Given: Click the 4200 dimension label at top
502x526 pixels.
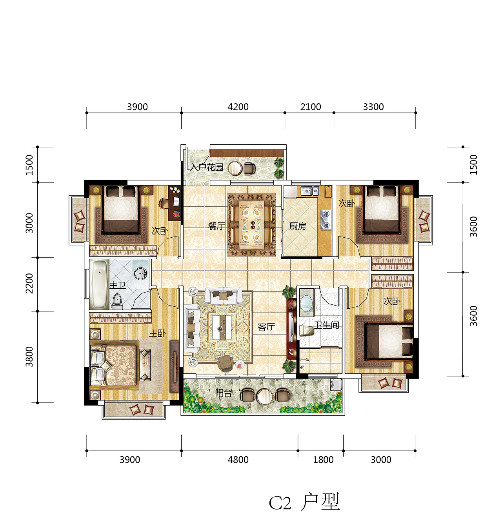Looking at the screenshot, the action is [x=238, y=107].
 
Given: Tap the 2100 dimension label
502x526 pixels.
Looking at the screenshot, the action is [x=310, y=107].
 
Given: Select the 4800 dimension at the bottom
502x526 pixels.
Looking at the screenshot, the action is [x=238, y=460].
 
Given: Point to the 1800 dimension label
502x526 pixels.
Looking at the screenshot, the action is [x=323, y=460].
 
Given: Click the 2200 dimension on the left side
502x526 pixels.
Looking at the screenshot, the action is [x=29, y=283].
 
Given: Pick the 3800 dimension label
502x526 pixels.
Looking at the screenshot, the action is [x=29, y=357].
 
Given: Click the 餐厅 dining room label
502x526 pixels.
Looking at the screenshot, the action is [x=216, y=226].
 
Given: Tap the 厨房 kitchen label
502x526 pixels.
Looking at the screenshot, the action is [x=298, y=226].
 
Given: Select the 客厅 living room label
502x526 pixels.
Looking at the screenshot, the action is [x=266, y=327].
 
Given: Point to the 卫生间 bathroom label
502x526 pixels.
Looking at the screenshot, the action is [x=326, y=325].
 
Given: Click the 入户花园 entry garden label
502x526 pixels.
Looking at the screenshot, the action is [x=207, y=167].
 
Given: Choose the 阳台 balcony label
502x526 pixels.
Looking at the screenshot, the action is [x=224, y=393].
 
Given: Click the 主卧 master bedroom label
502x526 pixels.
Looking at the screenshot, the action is [x=157, y=333].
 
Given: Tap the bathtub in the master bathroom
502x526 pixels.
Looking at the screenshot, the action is [x=99, y=284].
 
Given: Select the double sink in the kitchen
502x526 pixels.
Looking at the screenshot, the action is [x=309, y=191].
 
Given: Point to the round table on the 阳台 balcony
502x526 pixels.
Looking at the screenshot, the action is [x=264, y=396].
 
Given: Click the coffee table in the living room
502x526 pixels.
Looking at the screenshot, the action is [x=222, y=328].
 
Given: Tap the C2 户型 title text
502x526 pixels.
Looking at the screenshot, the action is [x=304, y=502].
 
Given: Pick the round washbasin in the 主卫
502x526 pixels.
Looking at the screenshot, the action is [x=141, y=273].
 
